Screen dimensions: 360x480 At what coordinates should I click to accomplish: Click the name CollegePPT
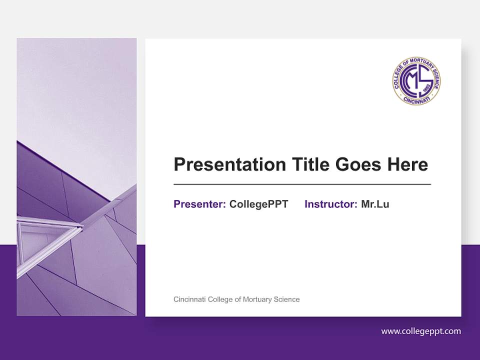pos(258,204)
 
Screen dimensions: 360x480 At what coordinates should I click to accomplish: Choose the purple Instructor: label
pos(331,204)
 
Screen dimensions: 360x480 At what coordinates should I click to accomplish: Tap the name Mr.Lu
pos(375,204)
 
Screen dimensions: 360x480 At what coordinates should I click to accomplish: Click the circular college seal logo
pos(416,80)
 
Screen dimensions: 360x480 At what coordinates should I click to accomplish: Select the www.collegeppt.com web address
pos(421,331)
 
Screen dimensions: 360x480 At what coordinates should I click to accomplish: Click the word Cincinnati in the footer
pos(189,299)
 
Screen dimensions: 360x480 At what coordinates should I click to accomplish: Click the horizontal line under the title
pos(302,184)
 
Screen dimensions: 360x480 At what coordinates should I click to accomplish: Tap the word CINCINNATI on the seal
pos(416,100)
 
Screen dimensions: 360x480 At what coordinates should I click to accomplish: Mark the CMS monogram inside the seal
pos(415,80)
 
